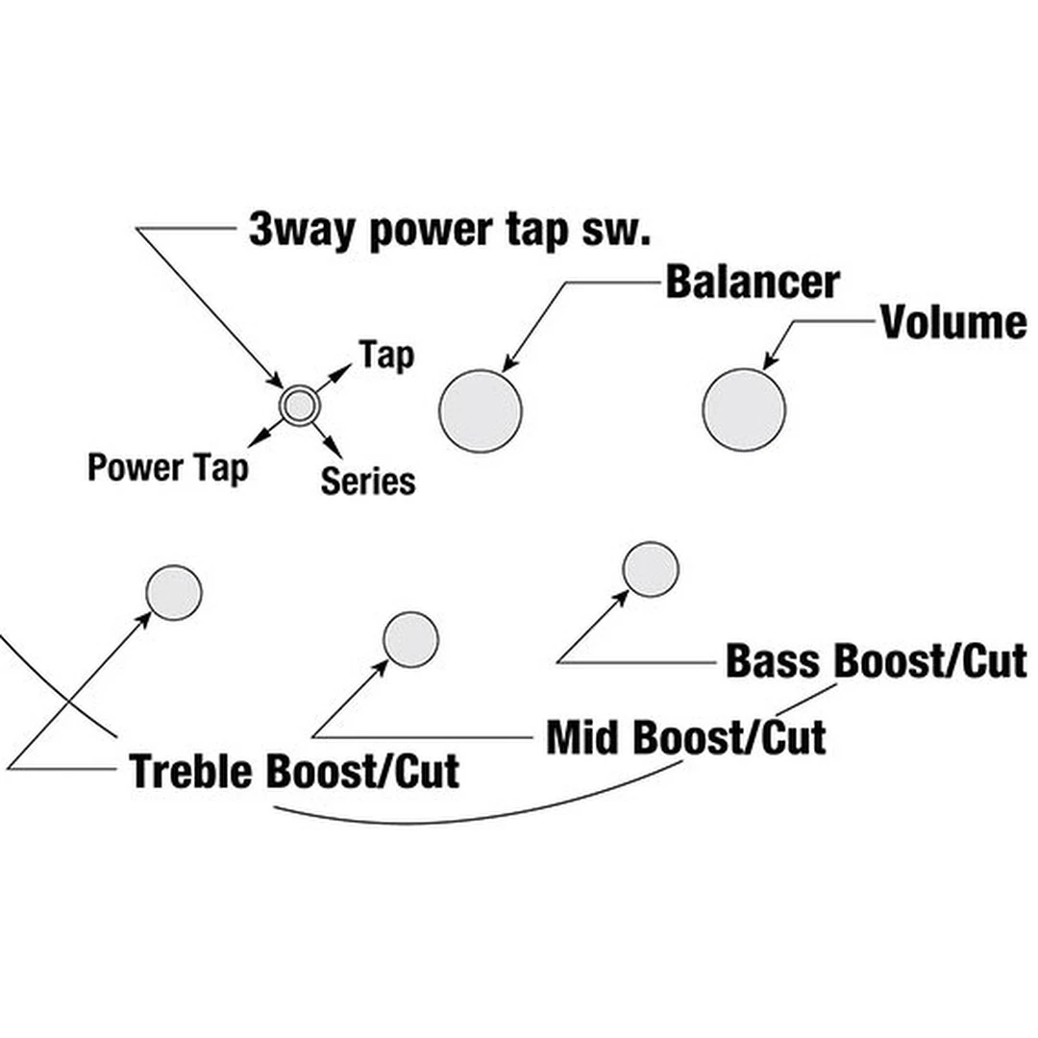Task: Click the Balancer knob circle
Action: [481, 410]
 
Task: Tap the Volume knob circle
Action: [744, 409]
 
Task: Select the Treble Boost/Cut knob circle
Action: [174, 592]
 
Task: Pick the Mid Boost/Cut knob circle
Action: [410, 639]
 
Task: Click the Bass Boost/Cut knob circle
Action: [651, 569]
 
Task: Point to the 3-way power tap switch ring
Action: [298, 407]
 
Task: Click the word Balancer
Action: [752, 283]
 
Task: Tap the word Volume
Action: [953, 323]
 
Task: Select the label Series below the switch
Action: [368, 481]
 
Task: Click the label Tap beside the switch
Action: [386, 356]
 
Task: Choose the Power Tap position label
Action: [167, 468]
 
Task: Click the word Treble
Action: [193, 771]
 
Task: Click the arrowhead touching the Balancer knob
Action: [508, 364]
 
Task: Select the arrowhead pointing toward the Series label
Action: [334, 448]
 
